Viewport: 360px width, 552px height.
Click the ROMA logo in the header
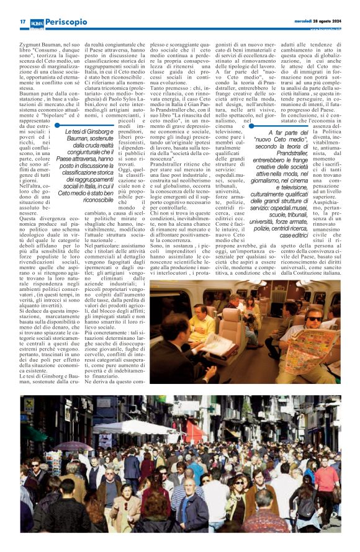38,22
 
